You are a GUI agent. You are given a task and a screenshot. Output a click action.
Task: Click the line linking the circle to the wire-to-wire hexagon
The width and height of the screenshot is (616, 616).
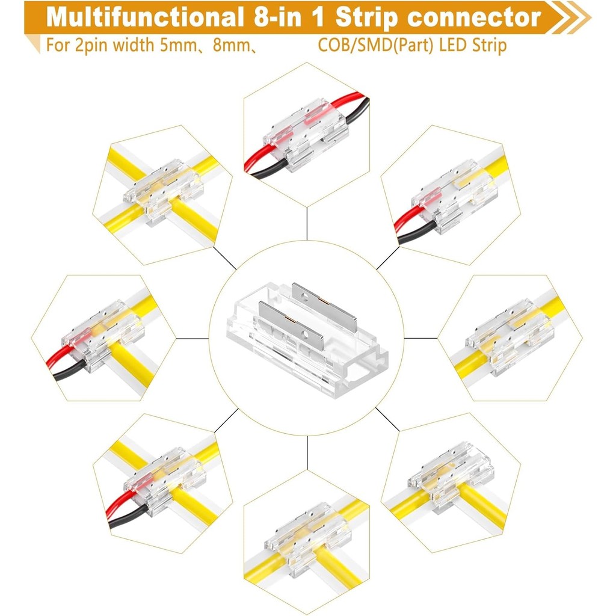click(x=307, y=223)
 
